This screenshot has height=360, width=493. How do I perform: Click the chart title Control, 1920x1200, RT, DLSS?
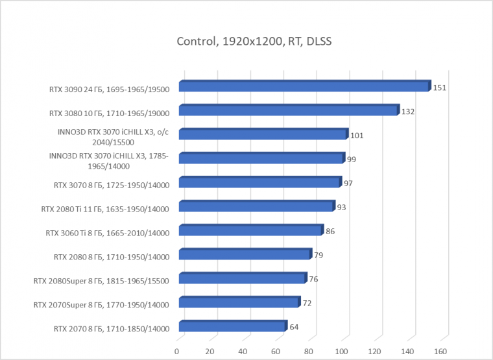pos(254,42)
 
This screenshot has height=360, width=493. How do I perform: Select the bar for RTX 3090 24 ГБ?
pos(304,86)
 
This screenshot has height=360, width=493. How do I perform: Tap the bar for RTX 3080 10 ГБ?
pos(288,110)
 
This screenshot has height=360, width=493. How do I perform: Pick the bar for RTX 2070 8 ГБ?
pos(232,326)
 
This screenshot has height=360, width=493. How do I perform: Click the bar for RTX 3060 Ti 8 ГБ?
pos(250,230)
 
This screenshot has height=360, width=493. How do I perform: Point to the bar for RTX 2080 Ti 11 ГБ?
pos(256,207)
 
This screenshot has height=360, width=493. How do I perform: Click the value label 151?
pos(439,87)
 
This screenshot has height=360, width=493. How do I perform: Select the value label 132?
pos(408,112)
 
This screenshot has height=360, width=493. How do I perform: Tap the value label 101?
pos(356,136)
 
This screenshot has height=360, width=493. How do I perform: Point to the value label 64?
pos(294,327)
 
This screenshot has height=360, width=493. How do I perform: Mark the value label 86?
pos(330,231)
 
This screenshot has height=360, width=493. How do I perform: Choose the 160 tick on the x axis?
pos(441,351)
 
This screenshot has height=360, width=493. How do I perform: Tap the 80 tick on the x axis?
pos(309,351)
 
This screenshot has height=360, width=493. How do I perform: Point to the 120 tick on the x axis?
pos(375,351)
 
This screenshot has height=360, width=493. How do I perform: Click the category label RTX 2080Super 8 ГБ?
pos(101,282)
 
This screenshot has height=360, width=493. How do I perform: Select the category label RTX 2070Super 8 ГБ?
pos(101,305)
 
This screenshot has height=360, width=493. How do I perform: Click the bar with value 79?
pos(245,254)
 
